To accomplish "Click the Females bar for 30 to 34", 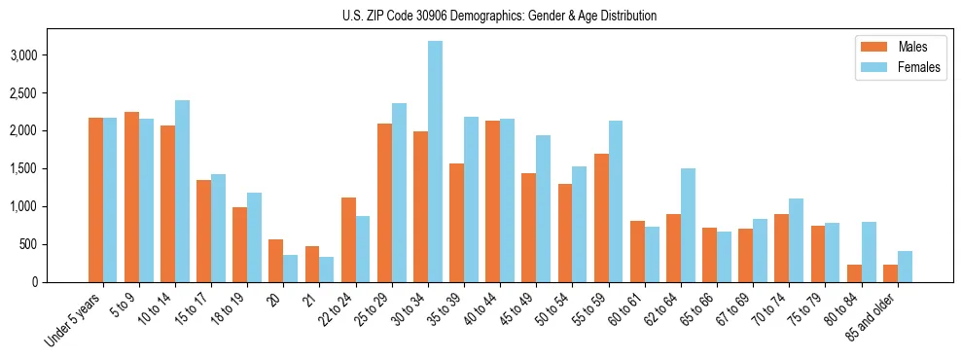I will click(435, 162).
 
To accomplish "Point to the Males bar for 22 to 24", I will click(348, 239).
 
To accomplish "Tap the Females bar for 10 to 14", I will click(182, 191).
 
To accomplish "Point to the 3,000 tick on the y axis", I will click(24, 55).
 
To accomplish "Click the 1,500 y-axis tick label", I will click(24, 168).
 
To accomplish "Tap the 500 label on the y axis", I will click(29, 244).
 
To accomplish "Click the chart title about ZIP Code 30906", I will click(499, 16).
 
